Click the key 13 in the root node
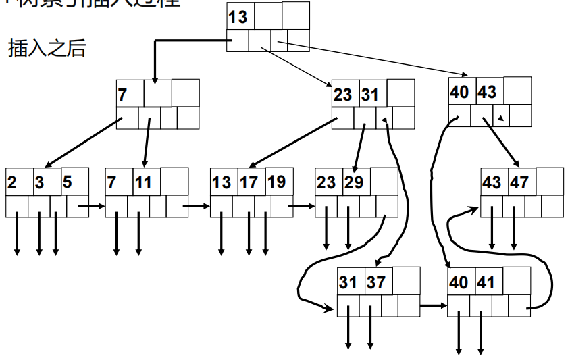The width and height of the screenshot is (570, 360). click(238, 16)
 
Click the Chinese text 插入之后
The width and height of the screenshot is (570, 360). click(47, 49)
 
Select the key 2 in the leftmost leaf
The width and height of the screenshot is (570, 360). click(13, 182)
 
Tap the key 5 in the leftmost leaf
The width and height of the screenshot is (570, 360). click(67, 182)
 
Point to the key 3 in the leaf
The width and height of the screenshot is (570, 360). click(40, 182)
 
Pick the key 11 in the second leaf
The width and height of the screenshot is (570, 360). click(143, 182)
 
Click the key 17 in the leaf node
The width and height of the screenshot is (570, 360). click(248, 182)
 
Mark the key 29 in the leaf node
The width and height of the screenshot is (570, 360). click(354, 182)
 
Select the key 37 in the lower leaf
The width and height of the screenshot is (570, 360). click(376, 282)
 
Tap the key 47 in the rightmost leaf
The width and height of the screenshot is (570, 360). click(519, 182)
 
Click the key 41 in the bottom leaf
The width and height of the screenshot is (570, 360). click(486, 282)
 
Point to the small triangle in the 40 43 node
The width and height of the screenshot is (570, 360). click(500, 118)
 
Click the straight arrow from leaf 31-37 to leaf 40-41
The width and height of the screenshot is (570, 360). click(433, 306)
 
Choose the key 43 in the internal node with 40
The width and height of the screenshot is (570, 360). click(487, 93)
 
